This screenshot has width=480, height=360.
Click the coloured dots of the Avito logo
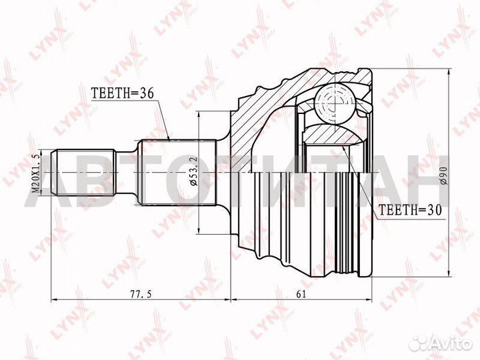(x=421, y=342)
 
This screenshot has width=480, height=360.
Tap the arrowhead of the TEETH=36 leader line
(x=170, y=139)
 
